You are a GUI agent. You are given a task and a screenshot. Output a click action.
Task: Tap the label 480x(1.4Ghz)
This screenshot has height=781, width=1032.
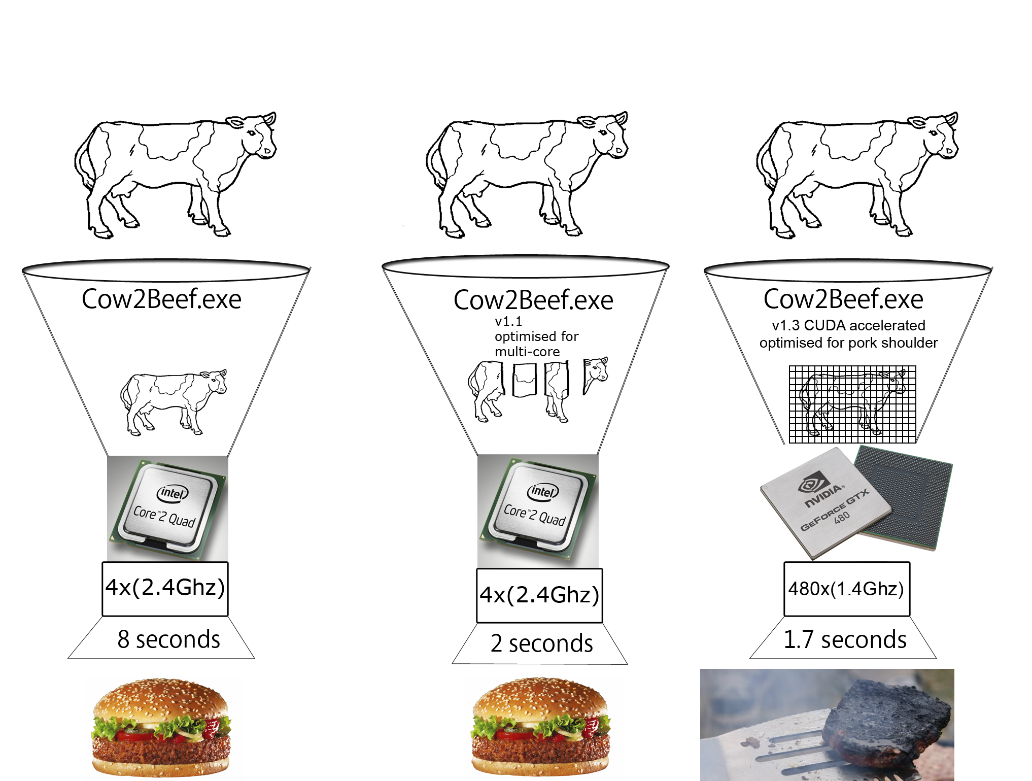pyautogui.click(x=846, y=589)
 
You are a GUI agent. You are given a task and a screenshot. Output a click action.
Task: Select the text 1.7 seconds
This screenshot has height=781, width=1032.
pyautogui.click(x=845, y=639)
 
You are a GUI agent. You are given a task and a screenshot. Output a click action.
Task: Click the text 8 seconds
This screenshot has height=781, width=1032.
pyautogui.click(x=168, y=639)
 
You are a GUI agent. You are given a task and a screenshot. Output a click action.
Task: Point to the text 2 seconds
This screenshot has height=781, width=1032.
pyautogui.click(x=541, y=643)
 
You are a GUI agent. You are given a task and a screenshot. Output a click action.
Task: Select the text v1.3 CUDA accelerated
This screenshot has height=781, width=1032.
pyautogui.click(x=848, y=325)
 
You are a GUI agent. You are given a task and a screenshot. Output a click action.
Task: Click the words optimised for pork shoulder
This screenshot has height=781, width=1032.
pyautogui.click(x=848, y=343)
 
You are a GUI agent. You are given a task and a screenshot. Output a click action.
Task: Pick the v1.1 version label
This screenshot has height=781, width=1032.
pyautogui.click(x=508, y=321)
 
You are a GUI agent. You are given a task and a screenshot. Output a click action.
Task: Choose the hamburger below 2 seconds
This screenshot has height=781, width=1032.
pyautogui.click(x=541, y=726)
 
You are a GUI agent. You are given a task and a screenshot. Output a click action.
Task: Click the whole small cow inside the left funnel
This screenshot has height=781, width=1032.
pyautogui.click(x=173, y=401)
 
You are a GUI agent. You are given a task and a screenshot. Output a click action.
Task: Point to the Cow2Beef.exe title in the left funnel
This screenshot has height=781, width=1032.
pyautogui.click(x=161, y=299)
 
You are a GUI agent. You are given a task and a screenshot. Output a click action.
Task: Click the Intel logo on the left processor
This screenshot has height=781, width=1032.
pyautogui.click(x=173, y=493)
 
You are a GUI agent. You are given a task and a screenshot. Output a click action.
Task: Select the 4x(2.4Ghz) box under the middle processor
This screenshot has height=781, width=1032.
pyautogui.click(x=539, y=595)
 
